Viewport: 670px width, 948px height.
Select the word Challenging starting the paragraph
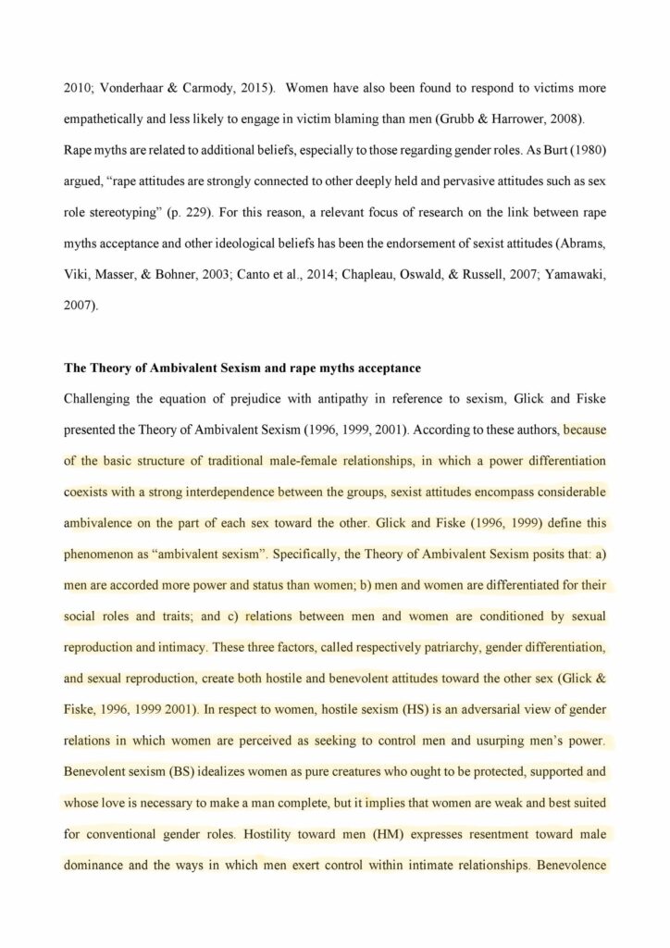click(101, 399)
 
